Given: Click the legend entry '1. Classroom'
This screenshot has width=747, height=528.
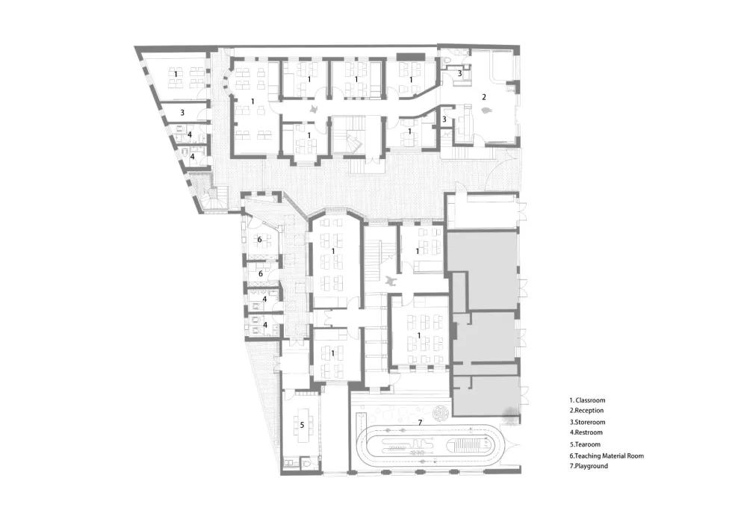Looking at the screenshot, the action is pos(587,400).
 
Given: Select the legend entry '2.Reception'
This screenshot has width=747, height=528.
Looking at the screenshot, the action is pos(586,411).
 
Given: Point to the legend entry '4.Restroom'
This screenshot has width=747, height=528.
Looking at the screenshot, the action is pos(586,432).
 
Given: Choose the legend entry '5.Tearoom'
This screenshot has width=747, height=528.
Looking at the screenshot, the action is pos(585,444).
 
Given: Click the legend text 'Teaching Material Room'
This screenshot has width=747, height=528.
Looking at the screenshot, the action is pos(610,456).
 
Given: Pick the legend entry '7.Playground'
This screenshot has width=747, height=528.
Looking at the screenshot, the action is pos(589,466).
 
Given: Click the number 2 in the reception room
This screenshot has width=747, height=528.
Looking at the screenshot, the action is pos(484,97).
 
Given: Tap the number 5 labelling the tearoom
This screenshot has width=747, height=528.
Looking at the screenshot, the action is pos(302,425).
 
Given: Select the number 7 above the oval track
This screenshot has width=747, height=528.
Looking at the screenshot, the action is pos(420,422).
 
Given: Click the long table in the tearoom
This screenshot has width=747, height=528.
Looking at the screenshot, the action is pos(302,425).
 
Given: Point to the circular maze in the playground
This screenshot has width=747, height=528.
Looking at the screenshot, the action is pos(441,413).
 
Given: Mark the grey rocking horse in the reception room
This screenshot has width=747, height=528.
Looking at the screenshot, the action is pos(486,111).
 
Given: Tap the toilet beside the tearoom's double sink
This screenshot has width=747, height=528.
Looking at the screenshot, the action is pos(306,463).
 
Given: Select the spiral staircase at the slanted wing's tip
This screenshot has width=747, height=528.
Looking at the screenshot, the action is pos(212,197).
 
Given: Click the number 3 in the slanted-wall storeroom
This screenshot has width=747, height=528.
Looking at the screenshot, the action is pos(182,113).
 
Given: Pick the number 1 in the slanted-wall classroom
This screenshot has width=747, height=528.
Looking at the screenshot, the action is pos(176,74).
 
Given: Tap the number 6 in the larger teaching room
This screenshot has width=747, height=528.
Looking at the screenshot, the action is pos(260,240).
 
